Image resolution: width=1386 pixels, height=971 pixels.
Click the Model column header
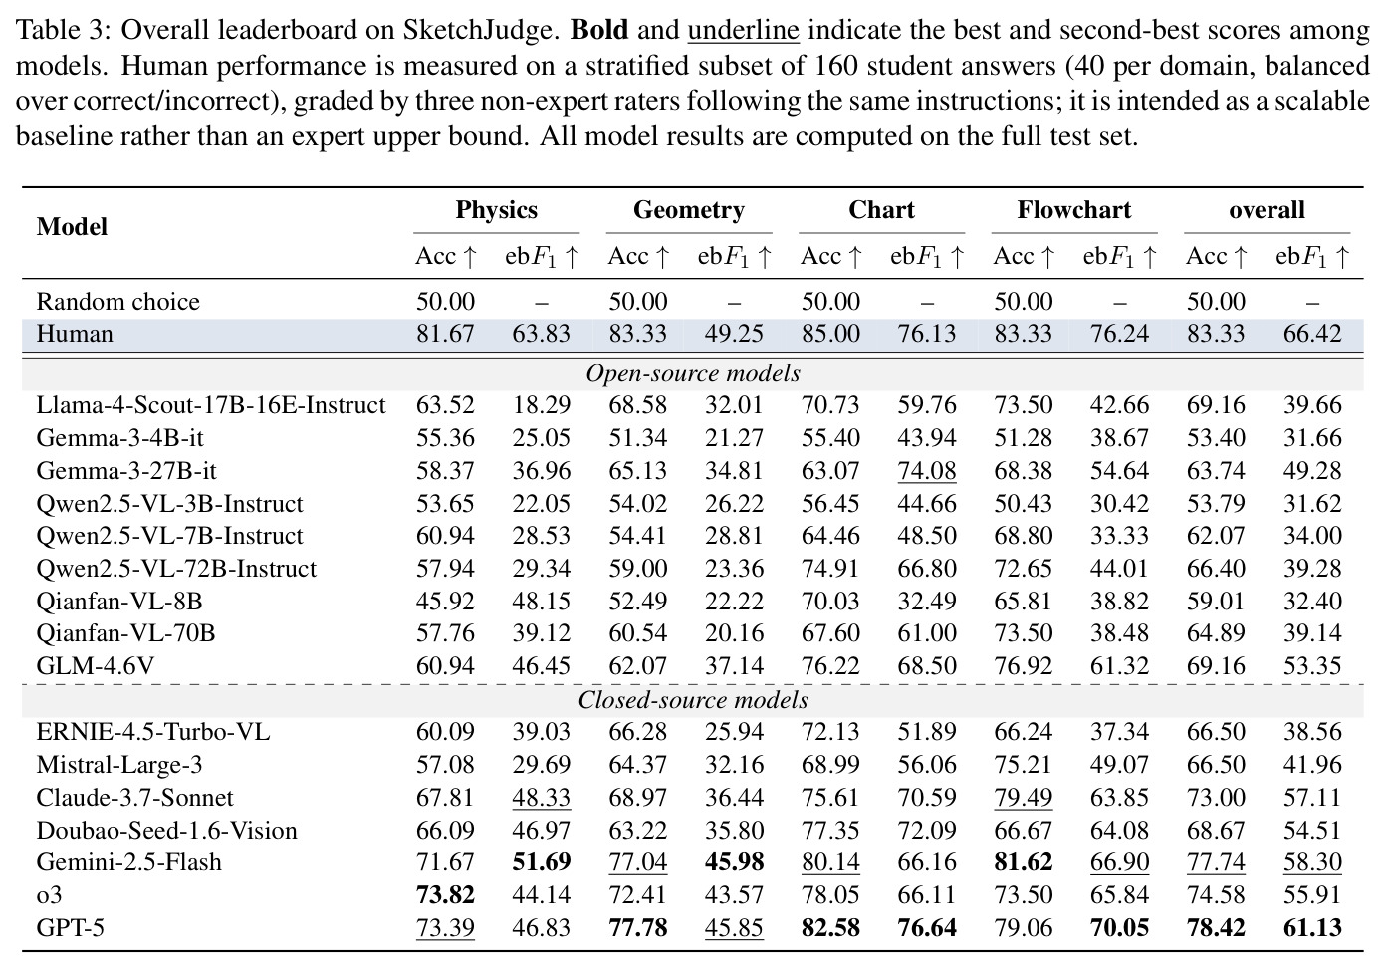72,226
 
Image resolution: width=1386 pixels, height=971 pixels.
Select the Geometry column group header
689,210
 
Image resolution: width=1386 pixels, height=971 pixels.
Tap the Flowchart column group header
1074,210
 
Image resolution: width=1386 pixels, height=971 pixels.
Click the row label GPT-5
71,927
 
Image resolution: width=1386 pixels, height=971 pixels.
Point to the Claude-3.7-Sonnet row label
134,797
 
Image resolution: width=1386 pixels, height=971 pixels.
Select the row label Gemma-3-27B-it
126,470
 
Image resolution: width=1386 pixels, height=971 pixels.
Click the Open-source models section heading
693,373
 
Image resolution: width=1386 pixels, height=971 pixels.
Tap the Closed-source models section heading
693,700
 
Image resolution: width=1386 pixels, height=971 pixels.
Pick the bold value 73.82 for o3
445,895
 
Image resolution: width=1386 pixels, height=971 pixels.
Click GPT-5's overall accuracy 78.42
1216,927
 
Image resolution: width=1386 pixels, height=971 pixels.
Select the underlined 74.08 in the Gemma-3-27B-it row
927,471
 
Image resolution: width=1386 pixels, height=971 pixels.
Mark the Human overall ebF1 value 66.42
1312,334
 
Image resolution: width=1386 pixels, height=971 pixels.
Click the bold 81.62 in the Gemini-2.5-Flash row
1024,862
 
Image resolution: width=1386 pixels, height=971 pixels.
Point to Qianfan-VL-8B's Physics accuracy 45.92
445,601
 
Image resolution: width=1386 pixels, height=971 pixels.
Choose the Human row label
75,334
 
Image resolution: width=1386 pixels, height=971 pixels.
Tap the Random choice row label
118,302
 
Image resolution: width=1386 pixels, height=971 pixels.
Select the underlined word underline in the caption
743,30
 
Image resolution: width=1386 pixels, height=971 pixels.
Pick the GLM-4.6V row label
96,666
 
